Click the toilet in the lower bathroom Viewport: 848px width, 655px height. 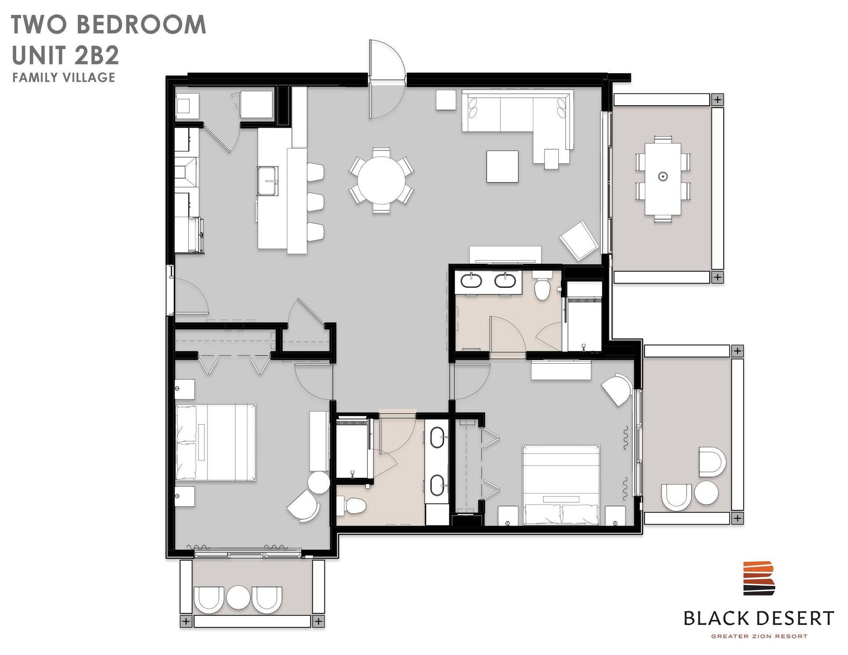coord(354,506)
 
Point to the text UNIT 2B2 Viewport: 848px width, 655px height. coord(66,55)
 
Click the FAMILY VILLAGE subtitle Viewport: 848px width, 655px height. coord(64,78)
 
